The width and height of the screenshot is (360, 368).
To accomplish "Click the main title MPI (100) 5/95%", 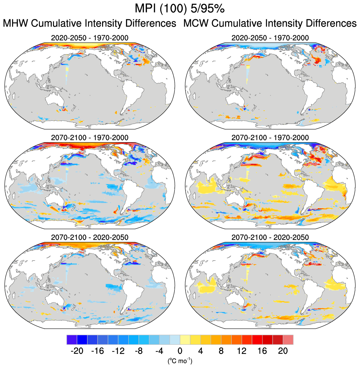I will [180, 9].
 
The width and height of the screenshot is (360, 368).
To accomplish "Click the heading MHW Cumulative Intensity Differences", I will [89, 24].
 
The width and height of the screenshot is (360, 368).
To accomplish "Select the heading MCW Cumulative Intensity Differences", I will [270, 24].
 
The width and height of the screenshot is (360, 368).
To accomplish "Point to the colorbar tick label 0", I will [180, 351].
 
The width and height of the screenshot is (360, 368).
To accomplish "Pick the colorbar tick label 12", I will [242, 351].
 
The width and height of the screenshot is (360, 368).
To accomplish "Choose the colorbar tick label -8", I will [138, 351].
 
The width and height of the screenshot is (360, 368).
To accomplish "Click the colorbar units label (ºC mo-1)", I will [180, 361].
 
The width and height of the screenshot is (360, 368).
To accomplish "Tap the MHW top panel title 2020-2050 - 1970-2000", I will [90, 38].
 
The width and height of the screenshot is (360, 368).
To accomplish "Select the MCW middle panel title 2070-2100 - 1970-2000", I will [270, 138].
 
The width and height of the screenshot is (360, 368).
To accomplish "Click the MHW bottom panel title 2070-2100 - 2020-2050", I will [90, 237].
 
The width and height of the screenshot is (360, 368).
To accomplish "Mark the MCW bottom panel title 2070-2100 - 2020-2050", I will [270, 237].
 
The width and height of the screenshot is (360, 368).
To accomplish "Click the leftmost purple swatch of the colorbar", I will [72, 340].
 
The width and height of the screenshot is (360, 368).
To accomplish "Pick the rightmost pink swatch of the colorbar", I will [288, 340].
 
